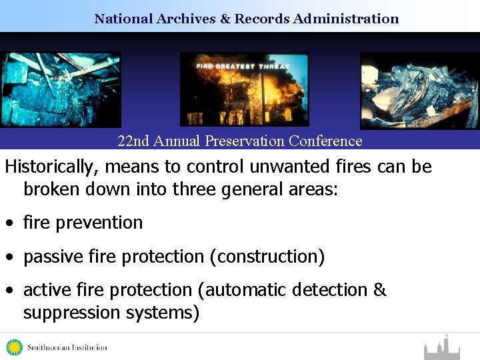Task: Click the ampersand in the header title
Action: [225, 19]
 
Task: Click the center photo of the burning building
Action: [244, 89]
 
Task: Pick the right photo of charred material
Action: [420, 90]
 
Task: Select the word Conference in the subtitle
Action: [329, 141]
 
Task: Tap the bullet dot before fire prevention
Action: [10, 223]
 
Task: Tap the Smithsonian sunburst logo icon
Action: [14, 347]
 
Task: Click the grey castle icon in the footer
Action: [443, 348]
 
